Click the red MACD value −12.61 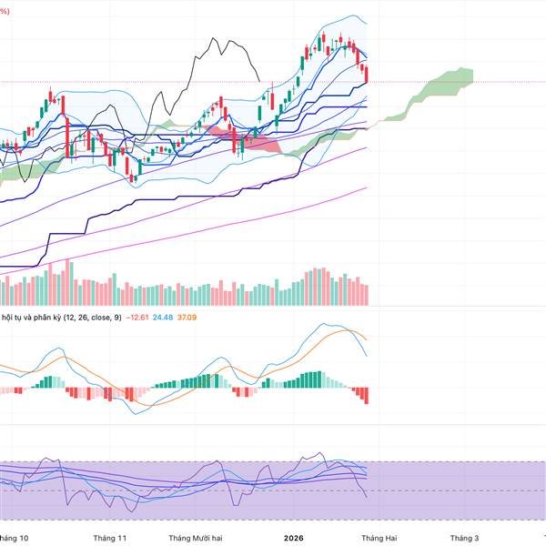point(136,317)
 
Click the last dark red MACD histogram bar point(367,396)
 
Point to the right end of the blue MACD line point(367,354)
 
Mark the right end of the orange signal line point(367,340)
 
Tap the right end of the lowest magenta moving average point(367,188)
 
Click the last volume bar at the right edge point(367,294)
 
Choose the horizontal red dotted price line point(455,82)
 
